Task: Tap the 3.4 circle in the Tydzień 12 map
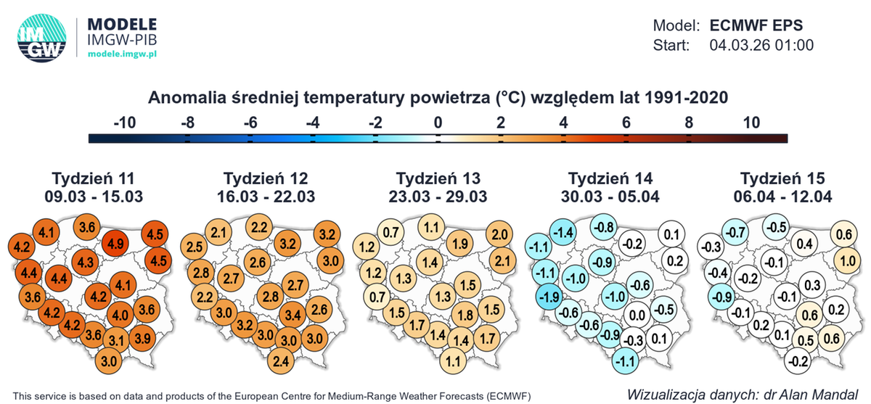coord(291,316)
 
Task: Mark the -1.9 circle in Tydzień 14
coord(550,297)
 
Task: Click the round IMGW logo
coord(41,37)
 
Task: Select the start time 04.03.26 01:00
coord(760,45)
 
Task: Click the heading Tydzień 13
coord(438,179)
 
